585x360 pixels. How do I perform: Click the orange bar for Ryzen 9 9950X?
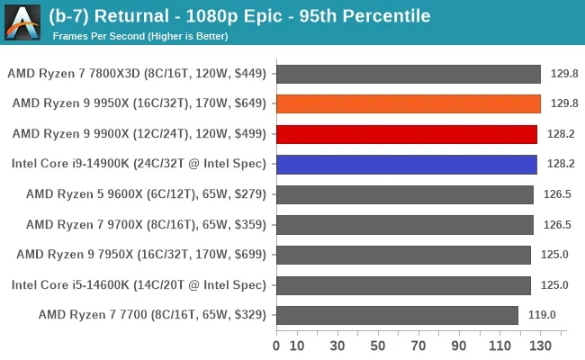[x=409, y=103]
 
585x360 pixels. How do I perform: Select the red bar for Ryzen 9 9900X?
[x=407, y=134]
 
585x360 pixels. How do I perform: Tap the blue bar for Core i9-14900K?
[x=407, y=164]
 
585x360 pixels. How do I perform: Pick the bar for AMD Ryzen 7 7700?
[x=398, y=315]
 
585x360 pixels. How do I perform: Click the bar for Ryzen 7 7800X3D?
[x=409, y=74]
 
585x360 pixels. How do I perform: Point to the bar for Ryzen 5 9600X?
[x=405, y=194]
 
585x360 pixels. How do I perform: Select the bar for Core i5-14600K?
[x=403, y=285]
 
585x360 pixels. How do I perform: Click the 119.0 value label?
[x=542, y=315]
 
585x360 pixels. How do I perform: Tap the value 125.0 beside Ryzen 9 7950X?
[x=554, y=255]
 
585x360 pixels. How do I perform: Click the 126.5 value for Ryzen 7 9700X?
[x=554, y=225]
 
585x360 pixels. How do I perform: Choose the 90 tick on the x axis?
[x=460, y=346]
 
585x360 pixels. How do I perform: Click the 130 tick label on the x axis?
[x=541, y=346]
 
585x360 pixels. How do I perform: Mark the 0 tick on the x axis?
[x=276, y=346]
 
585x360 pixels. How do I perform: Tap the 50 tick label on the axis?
[x=378, y=346]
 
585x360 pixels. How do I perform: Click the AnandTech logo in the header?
[x=22, y=22]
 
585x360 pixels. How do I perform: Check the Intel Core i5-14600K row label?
[x=139, y=285]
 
